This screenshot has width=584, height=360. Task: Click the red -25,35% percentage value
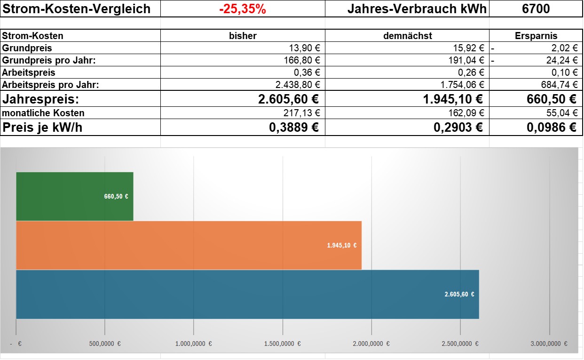(243, 9)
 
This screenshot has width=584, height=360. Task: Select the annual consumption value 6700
(536, 8)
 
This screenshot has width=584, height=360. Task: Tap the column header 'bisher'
(243, 36)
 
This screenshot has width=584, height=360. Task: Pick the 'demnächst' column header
(408, 36)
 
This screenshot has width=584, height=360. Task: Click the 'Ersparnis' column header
(536, 36)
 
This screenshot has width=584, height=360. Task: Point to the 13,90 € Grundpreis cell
(304, 48)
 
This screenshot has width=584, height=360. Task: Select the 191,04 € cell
(466, 60)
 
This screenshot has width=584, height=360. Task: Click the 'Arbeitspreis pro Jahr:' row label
(50, 85)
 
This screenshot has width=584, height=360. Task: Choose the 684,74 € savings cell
(559, 85)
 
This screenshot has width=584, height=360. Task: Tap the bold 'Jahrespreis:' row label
(40, 99)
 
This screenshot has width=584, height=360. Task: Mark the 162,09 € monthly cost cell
(466, 113)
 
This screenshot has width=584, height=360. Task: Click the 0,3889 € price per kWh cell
(294, 128)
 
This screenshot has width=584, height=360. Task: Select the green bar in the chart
(75, 196)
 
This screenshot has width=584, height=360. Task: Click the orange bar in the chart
(189, 245)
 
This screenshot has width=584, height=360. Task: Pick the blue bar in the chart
(247, 294)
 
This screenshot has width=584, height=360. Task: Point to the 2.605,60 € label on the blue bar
(459, 294)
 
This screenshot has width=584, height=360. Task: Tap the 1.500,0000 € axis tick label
(282, 344)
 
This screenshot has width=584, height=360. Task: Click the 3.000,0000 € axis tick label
(549, 344)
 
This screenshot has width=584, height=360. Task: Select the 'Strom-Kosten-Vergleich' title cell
(76, 9)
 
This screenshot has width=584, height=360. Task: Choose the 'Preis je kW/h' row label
(42, 128)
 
